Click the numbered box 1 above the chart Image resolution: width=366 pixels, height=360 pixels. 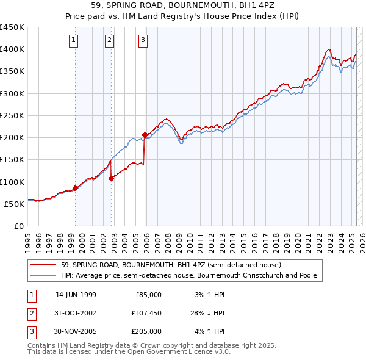(x=74, y=41)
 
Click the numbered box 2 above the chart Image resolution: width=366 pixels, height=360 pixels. (x=109, y=41)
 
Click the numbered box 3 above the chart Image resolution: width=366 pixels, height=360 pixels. (x=143, y=41)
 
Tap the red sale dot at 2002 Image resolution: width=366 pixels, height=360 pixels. (x=112, y=179)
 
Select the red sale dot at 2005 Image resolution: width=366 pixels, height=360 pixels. (x=145, y=135)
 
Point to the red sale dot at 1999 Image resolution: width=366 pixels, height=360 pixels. (x=76, y=188)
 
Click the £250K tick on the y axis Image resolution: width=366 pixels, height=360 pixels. (x=12, y=115)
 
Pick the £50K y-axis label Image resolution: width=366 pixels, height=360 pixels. (x=14, y=204)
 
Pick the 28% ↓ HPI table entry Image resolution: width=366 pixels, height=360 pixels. (x=207, y=313)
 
